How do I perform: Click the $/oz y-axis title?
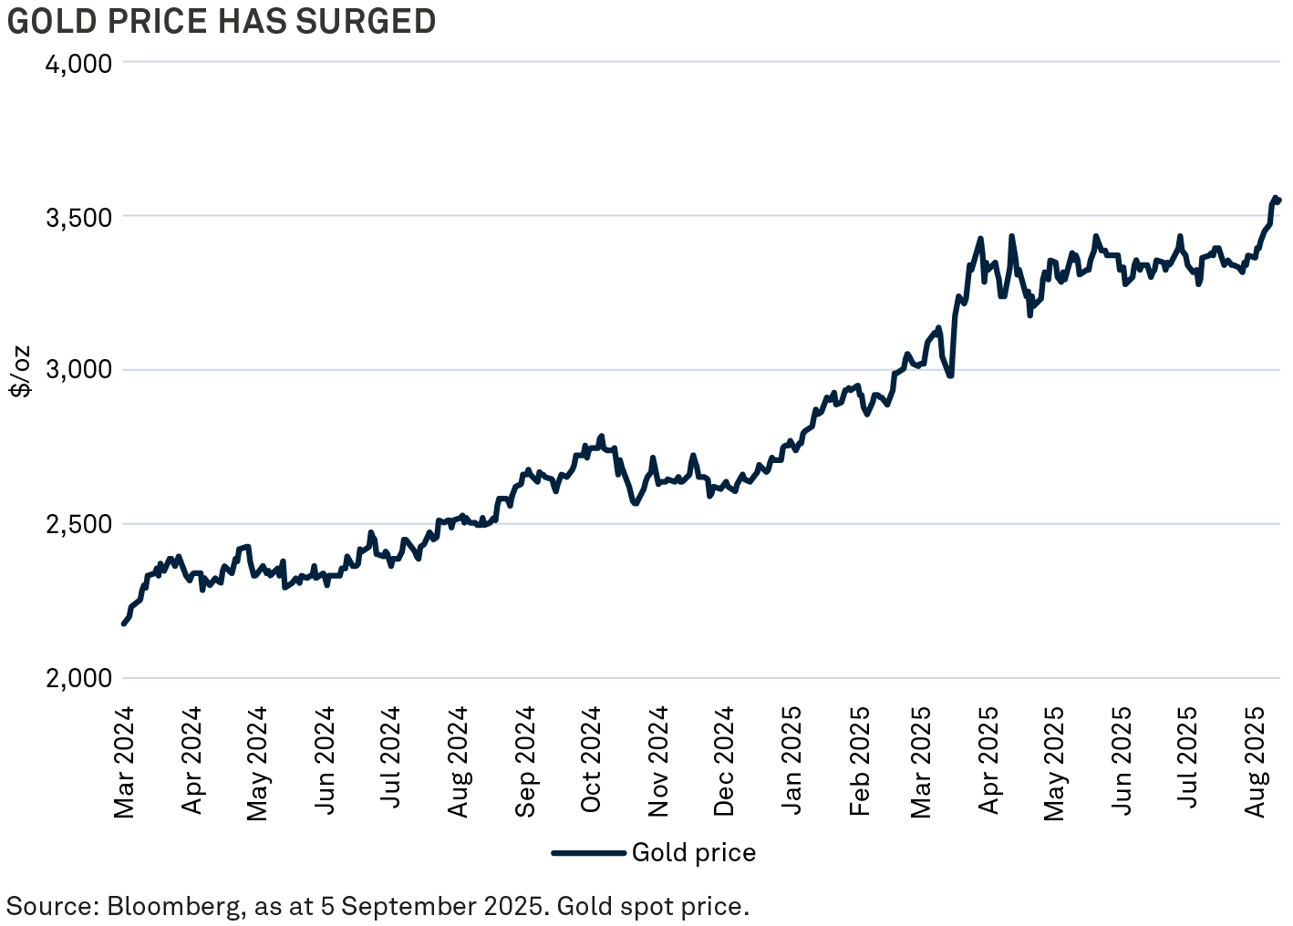click(x=20, y=370)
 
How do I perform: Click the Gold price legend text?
click(x=693, y=853)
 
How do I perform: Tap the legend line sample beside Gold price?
click(x=589, y=853)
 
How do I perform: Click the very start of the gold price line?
click(x=124, y=623)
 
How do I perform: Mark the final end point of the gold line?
click(x=1279, y=200)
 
